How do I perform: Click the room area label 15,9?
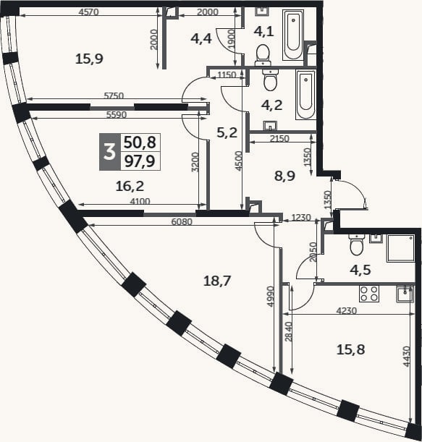(89, 59)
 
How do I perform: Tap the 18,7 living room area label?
(217, 281)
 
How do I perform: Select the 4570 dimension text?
(88, 12)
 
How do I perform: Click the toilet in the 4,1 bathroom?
(263, 55)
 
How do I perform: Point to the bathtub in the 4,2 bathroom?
(305, 95)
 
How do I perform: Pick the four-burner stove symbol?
(369, 294)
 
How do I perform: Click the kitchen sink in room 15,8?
(405, 294)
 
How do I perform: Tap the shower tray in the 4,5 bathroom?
(400, 248)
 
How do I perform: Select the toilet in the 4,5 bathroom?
(357, 245)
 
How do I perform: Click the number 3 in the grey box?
(110, 152)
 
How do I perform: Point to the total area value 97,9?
(140, 161)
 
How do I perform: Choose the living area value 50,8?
(140, 143)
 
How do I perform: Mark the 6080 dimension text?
(182, 222)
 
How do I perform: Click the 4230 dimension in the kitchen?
(347, 310)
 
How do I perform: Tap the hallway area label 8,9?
(284, 176)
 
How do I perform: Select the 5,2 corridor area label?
(227, 132)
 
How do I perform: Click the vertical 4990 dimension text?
(271, 297)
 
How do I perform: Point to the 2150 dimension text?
(279, 138)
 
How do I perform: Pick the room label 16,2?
(130, 187)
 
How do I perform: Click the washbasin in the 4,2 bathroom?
(270, 126)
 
